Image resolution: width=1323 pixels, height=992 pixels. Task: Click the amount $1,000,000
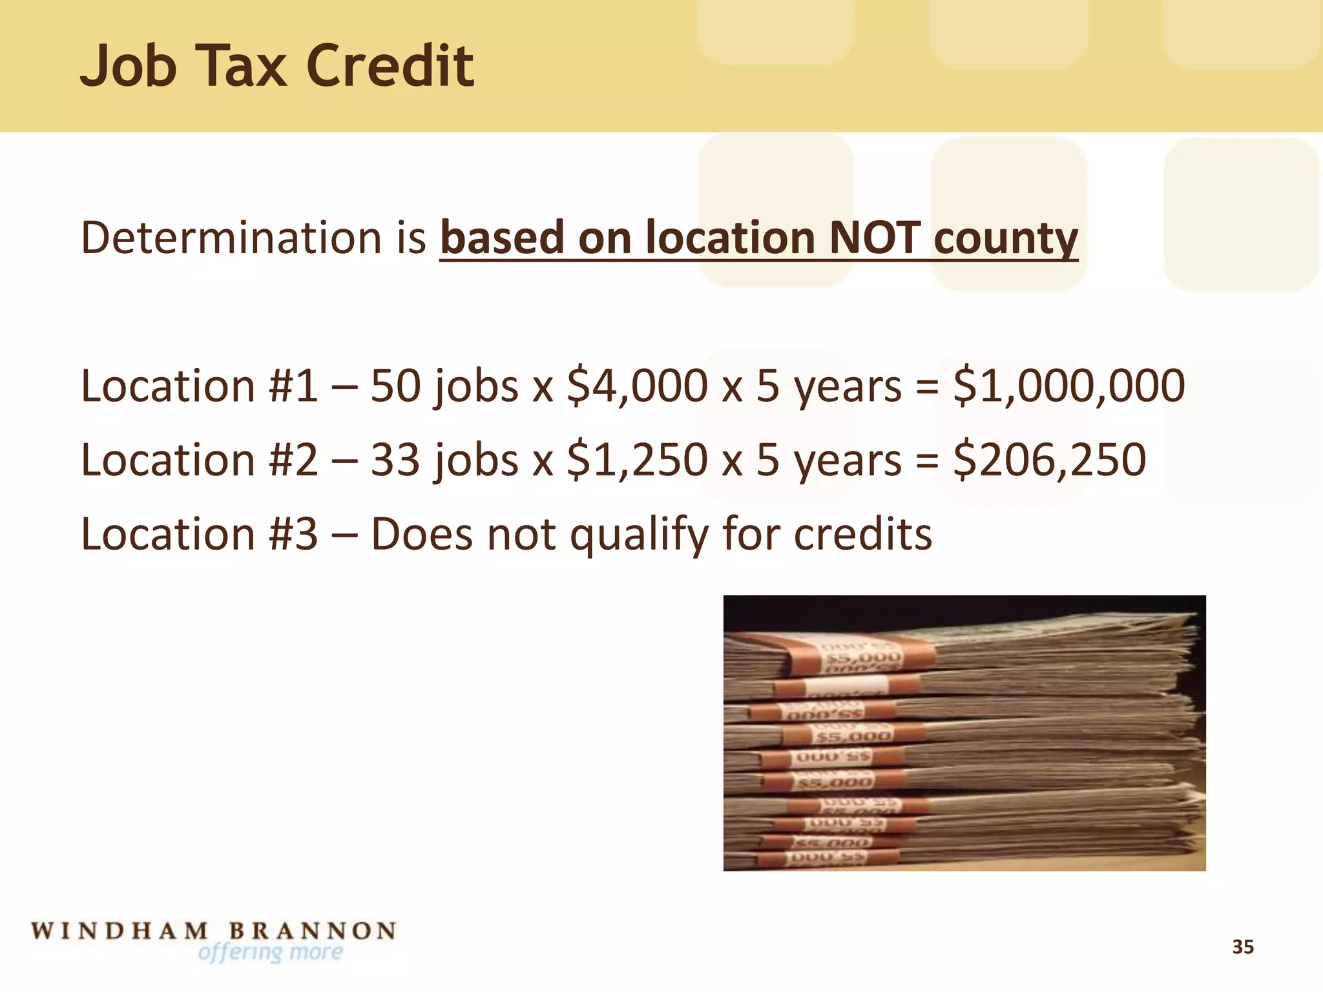[1069, 386]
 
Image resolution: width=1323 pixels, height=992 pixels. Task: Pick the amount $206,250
[1050, 460]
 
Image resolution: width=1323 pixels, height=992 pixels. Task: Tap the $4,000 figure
[637, 386]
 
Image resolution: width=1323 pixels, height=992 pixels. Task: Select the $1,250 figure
[637, 460]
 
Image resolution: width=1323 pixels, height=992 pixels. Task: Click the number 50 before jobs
[395, 386]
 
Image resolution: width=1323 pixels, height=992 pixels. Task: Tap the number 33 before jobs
[395, 460]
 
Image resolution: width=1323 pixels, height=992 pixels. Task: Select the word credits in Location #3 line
[862, 534]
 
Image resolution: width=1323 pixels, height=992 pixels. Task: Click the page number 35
[1242, 947]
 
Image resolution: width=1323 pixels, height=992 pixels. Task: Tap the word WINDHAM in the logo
[120, 931]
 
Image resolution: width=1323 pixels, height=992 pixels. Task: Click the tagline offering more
[270, 952]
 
